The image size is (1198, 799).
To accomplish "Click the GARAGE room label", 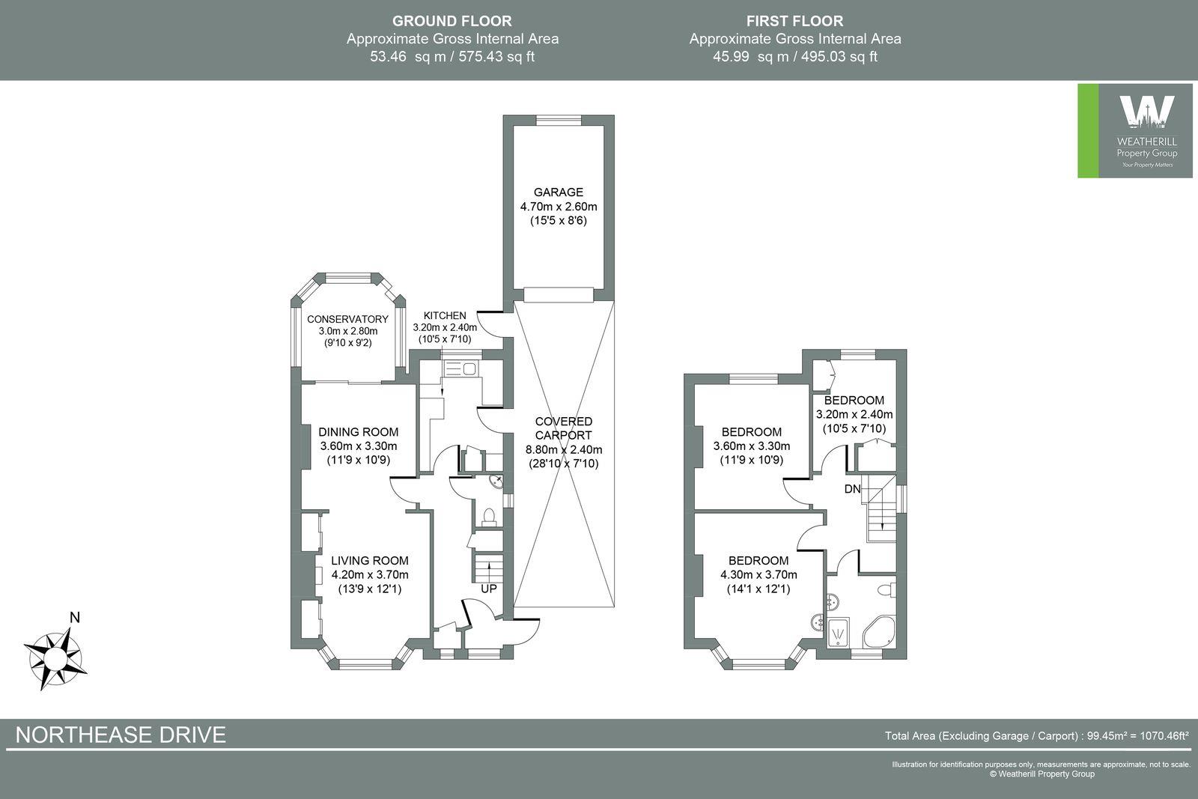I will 558,192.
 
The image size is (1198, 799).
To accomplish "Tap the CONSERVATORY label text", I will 347,319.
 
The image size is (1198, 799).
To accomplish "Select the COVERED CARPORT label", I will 563,428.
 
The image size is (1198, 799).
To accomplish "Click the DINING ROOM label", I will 358,432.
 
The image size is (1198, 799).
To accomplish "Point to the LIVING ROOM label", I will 369,561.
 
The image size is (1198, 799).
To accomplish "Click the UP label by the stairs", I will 488,589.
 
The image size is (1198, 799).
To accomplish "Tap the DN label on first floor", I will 852,490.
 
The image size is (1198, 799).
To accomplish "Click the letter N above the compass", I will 74,619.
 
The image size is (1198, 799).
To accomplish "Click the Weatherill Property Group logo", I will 1134,131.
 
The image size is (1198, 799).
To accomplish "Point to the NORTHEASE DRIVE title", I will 121,735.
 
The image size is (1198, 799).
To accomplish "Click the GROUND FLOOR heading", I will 451,21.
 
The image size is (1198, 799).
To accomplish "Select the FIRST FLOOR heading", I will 794,21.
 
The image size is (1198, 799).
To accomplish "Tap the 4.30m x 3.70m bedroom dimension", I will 758,575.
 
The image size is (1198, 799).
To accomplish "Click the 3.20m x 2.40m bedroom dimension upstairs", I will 854,414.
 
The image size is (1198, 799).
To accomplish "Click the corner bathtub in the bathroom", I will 879,634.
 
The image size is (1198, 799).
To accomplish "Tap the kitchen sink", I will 469,368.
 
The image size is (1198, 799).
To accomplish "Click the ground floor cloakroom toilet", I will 489,516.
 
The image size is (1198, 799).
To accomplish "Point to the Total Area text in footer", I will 1036,736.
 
